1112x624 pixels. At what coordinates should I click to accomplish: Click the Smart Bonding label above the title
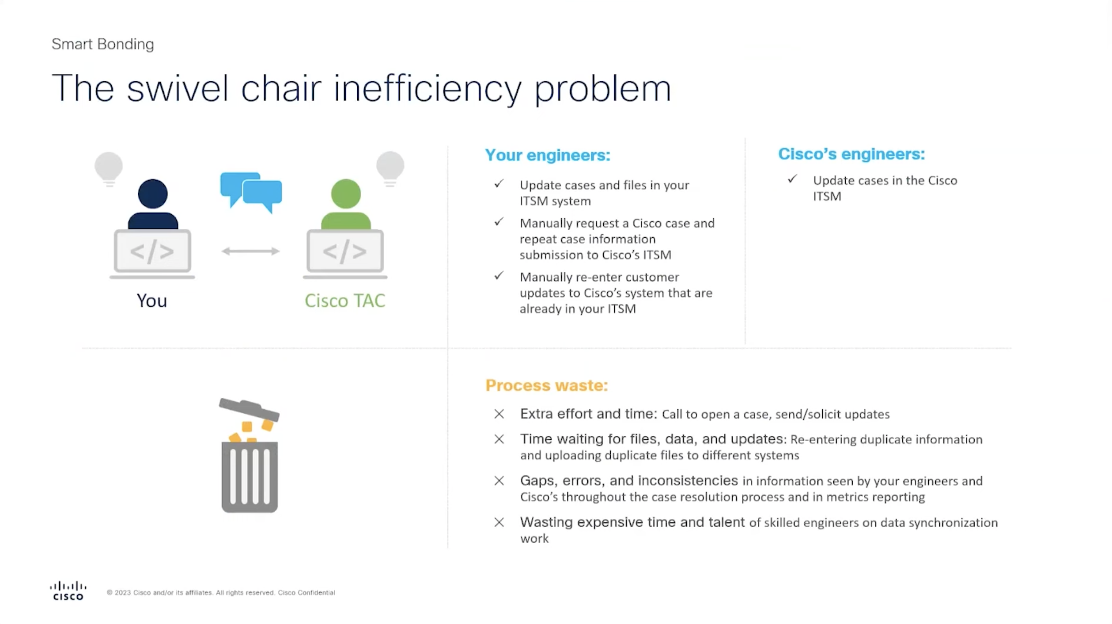(102, 44)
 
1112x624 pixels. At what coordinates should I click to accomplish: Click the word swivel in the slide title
(178, 88)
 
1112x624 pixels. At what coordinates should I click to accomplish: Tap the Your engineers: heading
(548, 155)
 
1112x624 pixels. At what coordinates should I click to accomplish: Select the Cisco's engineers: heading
(851, 154)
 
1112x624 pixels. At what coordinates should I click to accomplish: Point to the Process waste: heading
(546, 385)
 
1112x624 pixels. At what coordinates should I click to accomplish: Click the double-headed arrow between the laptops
(250, 251)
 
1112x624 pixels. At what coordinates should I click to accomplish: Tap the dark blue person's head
(152, 194)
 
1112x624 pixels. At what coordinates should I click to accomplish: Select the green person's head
(346, 194)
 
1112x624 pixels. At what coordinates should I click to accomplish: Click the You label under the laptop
(152, 301)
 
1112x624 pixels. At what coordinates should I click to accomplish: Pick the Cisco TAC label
(345, 301)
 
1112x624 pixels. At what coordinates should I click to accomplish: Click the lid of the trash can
(249, 409)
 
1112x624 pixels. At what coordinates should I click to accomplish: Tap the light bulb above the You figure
(109, 169)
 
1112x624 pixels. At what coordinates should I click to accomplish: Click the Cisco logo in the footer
(68, 591)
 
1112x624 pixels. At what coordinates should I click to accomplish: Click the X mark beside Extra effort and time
(499, 414)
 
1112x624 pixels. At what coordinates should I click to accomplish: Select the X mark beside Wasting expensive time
(499, 522)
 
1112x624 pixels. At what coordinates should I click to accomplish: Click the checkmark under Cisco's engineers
(792, 179)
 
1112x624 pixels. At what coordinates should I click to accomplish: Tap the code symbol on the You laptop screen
(152, 251)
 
